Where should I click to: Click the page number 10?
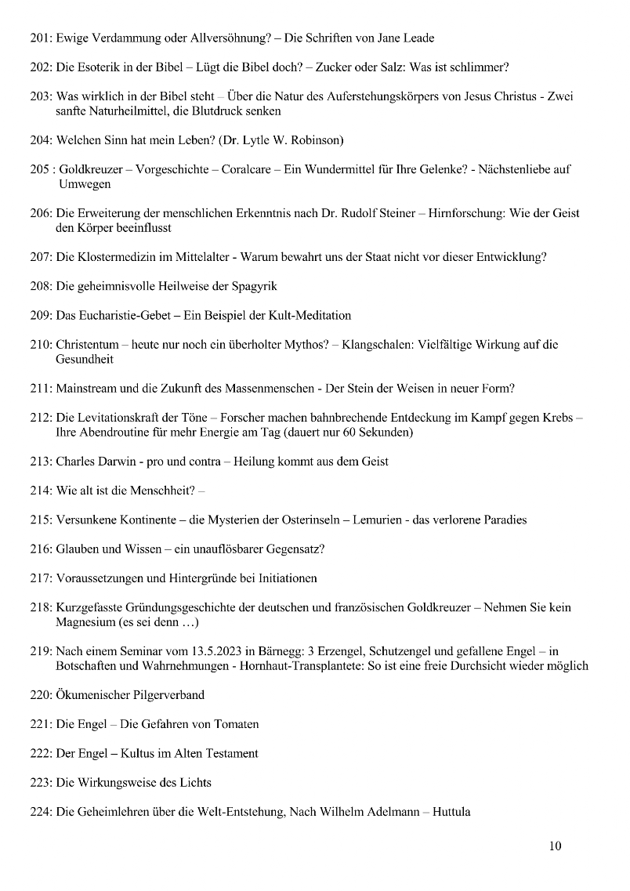[555, 846]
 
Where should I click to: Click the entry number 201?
[41, 38]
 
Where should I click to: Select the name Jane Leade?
[404, 38]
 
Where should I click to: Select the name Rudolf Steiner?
[379, 214]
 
